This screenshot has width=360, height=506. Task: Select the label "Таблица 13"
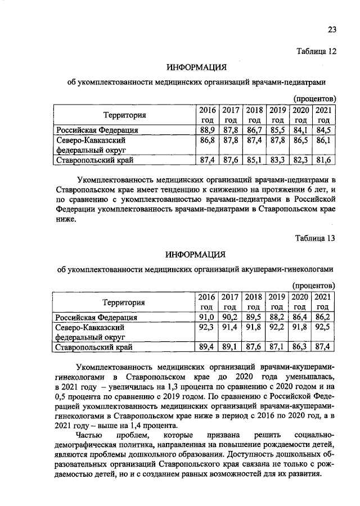[316, 238]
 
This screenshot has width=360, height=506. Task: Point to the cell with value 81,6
[323, 161]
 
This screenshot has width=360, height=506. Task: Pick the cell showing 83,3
[277, 161]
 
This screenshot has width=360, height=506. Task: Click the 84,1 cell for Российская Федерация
[301, 130]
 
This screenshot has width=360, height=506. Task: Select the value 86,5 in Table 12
[301, 141]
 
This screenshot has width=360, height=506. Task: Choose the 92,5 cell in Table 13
[323, 327]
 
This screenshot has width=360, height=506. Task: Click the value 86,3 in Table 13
[301, 347]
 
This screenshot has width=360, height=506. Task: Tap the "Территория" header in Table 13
[123, 302]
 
